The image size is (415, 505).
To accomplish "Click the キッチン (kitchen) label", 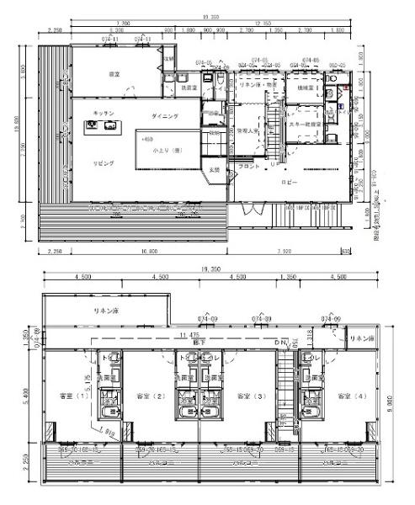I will click(x=104, y=112).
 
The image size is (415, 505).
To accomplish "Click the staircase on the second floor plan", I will click(x=286, y=391).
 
